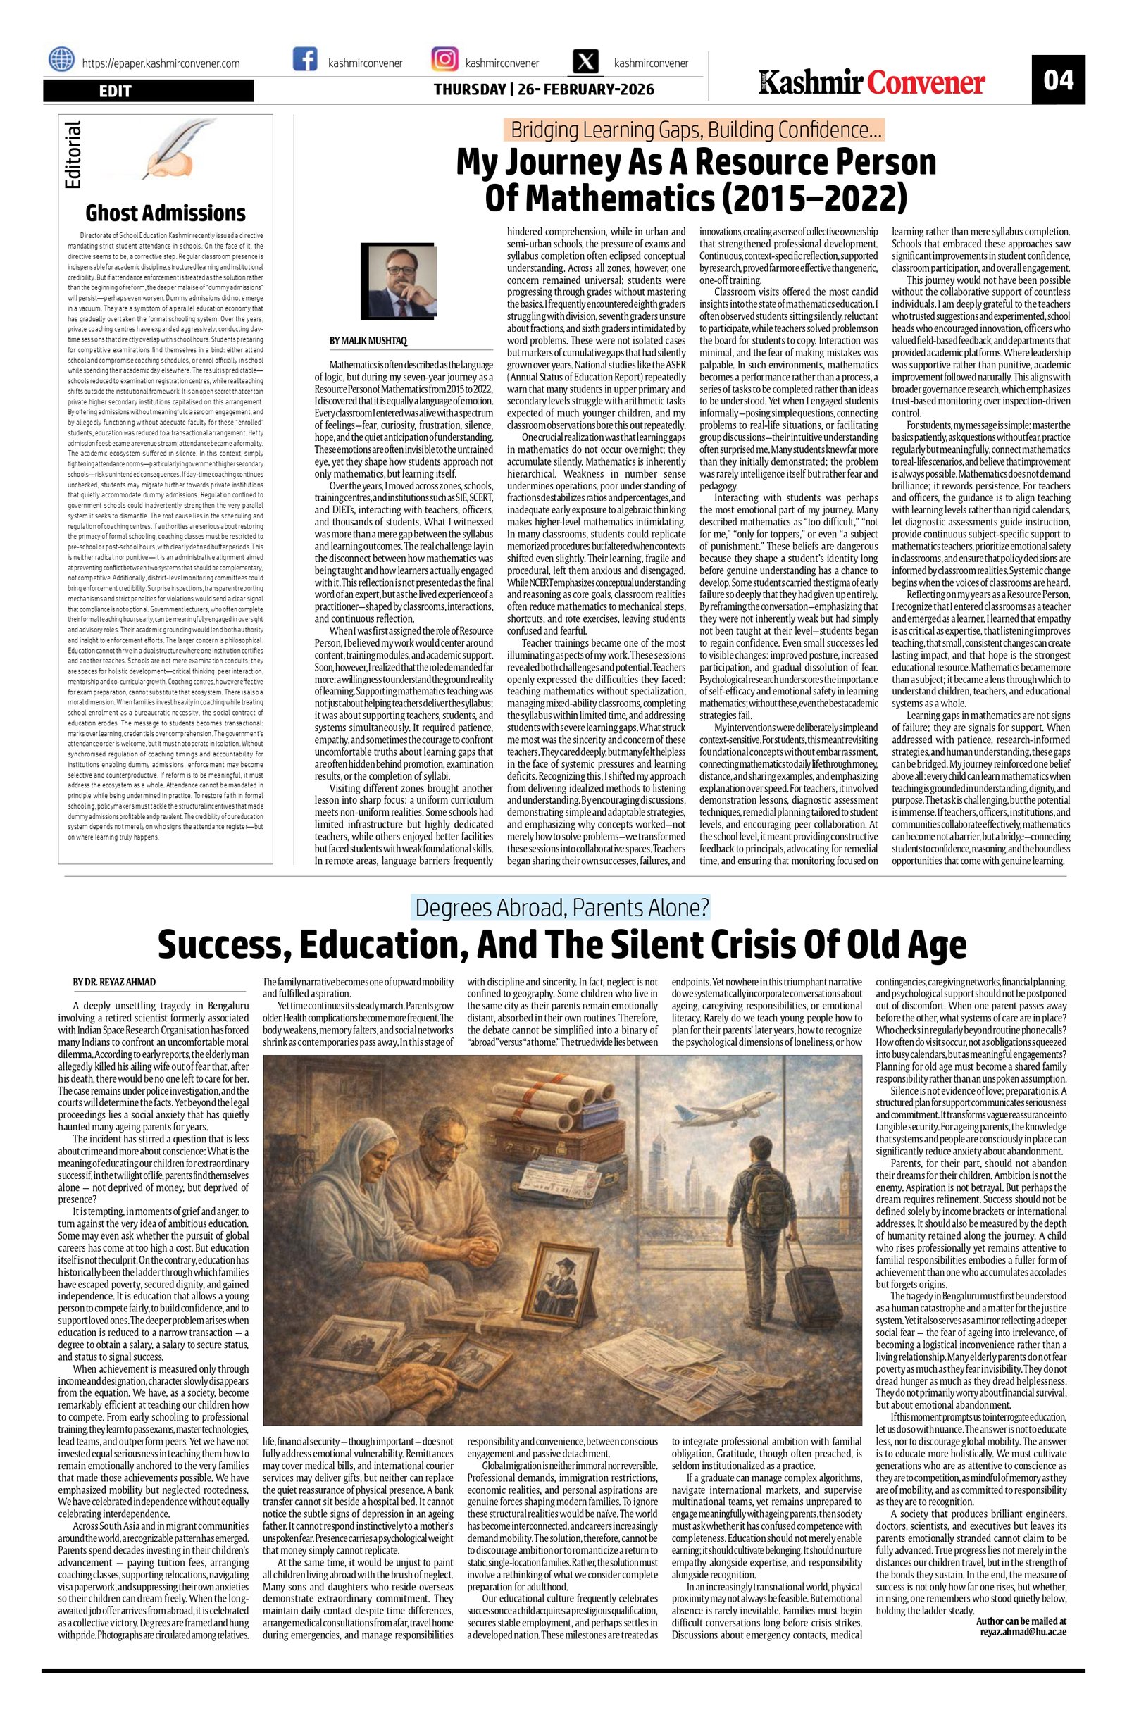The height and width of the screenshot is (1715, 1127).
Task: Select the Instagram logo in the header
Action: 445,60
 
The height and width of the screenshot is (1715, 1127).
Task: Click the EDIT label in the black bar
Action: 116,91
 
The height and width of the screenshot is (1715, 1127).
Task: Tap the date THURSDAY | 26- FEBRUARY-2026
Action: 543,89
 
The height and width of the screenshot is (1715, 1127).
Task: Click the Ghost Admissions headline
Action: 165,213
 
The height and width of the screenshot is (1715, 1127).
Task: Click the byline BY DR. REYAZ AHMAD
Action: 114,982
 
